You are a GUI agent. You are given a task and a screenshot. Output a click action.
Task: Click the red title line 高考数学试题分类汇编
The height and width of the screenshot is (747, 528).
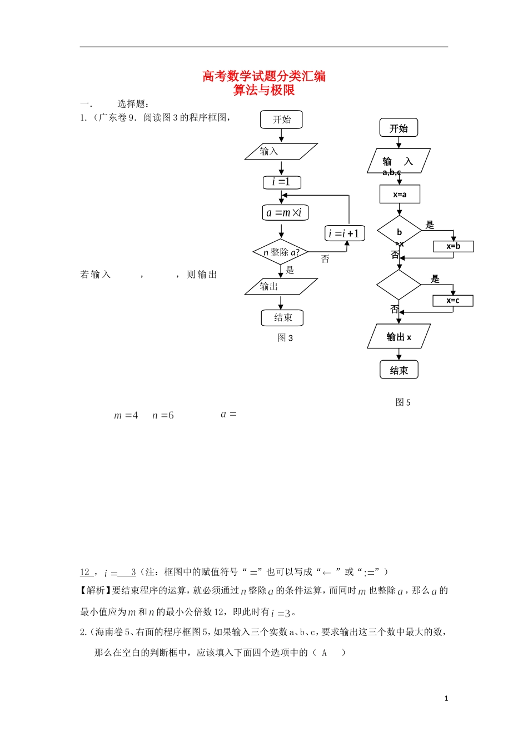[264, 76]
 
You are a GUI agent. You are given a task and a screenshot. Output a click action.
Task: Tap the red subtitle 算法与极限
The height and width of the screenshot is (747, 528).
[264, 90]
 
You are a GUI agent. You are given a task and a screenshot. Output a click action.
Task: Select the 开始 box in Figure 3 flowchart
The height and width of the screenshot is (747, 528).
[281, 119]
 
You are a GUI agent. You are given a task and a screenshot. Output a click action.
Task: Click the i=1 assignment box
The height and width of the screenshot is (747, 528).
[282, 182]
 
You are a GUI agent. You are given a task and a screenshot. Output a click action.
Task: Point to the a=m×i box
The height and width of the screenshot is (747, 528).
[285, 213]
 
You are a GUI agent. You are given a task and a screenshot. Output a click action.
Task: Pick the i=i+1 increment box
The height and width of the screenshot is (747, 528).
[345, 233]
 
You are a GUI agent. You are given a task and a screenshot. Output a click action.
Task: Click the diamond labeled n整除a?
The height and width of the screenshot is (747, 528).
[281, 252]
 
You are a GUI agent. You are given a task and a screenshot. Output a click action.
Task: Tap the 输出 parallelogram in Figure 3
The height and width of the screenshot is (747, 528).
[281, 286]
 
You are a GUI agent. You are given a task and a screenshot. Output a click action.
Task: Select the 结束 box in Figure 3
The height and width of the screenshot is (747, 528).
[282, 317]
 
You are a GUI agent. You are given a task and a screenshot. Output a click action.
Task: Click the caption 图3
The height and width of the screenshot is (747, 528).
[285, 338]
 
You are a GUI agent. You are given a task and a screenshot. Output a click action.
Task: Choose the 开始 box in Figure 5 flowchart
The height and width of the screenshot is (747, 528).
[399, 128]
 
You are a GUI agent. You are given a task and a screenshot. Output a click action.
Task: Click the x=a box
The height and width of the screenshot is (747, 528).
[400, 195]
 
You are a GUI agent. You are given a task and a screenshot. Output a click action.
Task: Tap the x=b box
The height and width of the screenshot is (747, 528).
[454, 246]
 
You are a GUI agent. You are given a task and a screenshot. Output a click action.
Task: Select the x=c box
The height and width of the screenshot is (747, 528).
[453, 301]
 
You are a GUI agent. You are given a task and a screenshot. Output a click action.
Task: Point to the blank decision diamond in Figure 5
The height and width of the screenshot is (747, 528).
[399, 285]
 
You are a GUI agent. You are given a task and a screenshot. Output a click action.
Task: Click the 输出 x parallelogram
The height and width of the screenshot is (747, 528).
[399, 337]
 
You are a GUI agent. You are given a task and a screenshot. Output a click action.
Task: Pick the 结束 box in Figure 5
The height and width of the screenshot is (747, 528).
[399, 370]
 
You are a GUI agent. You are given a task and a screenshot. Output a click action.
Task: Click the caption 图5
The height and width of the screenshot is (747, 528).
[403, 402]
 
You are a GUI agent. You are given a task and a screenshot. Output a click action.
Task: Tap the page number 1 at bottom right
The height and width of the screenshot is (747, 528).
[446, 699]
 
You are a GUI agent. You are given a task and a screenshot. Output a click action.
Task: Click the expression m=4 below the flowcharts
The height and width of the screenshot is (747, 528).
[126, 415]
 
